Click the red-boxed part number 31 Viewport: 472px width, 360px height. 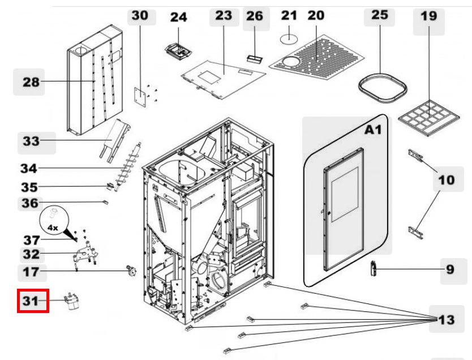click(x=33, y=301)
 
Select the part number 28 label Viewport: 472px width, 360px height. click(x=31, y=83)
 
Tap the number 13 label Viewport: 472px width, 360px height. click(x=446, y=320)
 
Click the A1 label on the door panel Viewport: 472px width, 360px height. click(x=374, y=130)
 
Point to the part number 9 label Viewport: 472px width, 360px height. click(x=450, y=269)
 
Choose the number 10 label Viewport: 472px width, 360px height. click(x=446, y=180)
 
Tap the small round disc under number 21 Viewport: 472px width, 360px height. click(x=290, y=37)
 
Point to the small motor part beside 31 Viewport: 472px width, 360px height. click(x=72, y=300)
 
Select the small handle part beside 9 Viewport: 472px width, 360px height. click(x=374, y=268)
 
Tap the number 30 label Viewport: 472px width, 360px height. click(x=140, y=16)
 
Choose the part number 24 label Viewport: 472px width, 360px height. click(x=179, y=18)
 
